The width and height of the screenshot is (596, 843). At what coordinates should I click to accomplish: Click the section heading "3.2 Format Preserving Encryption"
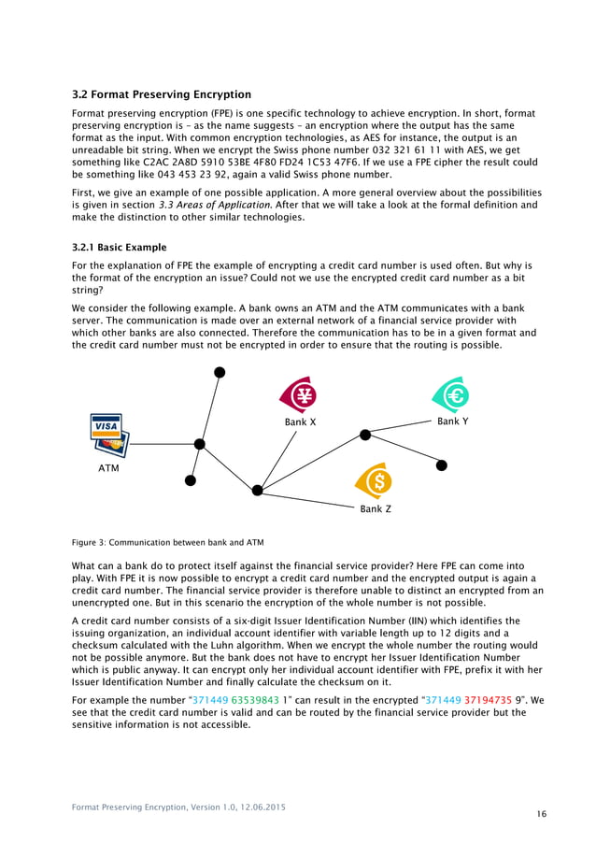coord(162,94)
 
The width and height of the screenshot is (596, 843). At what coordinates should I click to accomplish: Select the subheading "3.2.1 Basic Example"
coord(120,248)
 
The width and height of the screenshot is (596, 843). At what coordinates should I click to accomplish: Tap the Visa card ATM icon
coord(109,433)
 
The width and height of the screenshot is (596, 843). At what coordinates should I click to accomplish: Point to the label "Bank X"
coord(301,422)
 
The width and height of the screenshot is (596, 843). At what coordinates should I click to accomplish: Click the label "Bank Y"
coord(453,421)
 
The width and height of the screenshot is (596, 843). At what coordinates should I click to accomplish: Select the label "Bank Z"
coord(376,509)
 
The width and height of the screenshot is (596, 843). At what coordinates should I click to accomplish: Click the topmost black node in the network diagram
coord(220,372)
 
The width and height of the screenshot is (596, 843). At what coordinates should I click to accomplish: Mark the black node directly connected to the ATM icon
coord(199,443)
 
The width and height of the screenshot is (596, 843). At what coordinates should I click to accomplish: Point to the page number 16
coord(542,814)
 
